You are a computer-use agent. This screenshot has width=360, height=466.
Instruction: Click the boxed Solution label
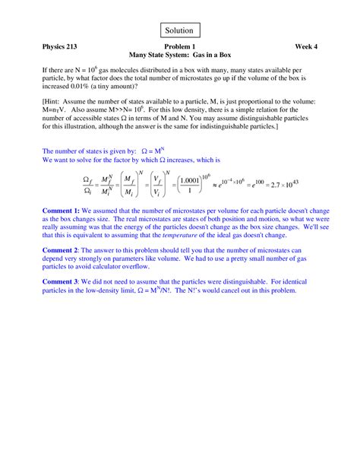pos(180,30)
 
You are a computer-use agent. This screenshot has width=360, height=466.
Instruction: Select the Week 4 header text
pos(306,47)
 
